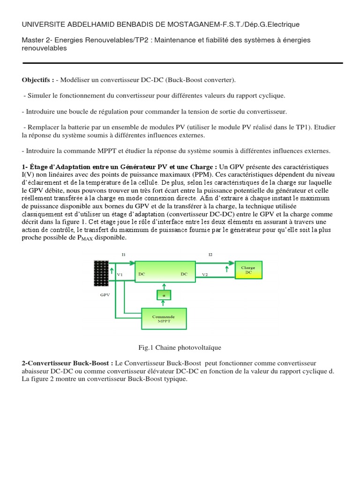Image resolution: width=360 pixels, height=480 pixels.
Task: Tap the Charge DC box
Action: [248, 270]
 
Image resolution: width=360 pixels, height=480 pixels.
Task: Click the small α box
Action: [164, 295]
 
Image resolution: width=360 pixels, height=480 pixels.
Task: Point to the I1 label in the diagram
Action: [123, 255]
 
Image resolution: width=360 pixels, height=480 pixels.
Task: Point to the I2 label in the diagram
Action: [210, 255]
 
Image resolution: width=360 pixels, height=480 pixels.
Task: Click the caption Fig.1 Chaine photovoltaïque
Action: [180, 347]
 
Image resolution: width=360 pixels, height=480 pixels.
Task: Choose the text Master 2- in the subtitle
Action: [37, 41]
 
